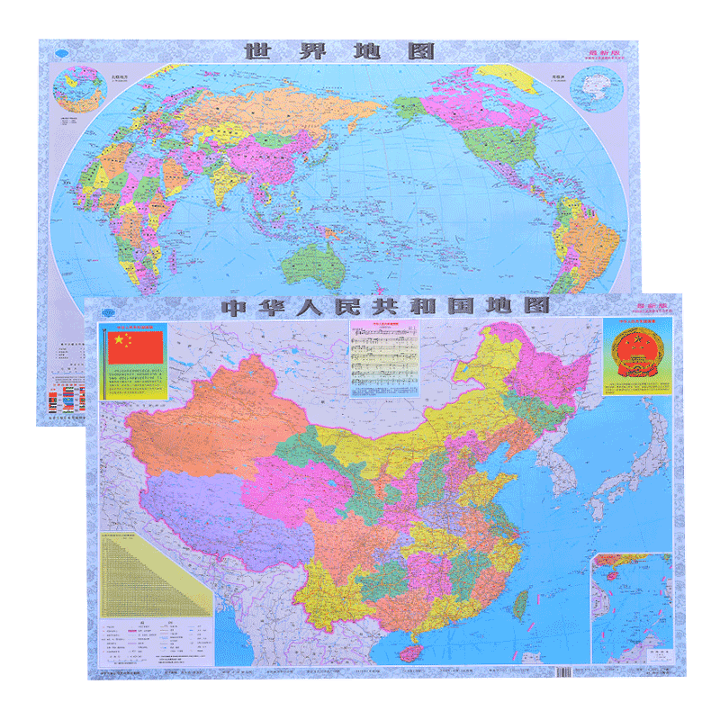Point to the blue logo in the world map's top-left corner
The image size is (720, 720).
tap(60, 51)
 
